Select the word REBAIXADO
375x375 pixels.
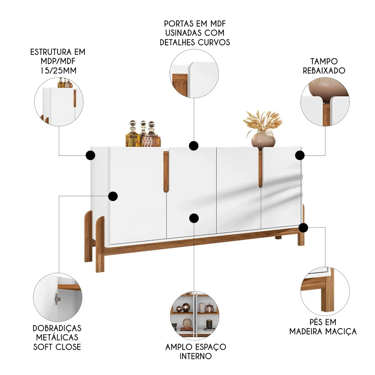[324, 70]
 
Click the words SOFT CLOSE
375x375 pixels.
[57, 347]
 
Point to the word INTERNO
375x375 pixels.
[195, 356]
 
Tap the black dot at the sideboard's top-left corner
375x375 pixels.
[90, 155]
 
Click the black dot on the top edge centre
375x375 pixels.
[193, 145]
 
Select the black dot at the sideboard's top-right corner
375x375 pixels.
[299, 155]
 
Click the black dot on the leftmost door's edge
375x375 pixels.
[113, 196]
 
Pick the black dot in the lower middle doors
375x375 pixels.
[193, 218]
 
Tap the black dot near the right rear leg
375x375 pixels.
[303, 227]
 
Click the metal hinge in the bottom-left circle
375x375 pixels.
[57, 298]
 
